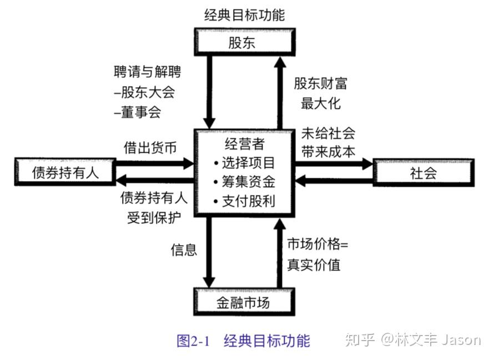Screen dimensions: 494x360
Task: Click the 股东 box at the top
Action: [244, 42]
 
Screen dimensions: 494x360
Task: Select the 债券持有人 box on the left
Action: [65, 172]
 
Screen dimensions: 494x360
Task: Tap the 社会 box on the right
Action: [424, 173]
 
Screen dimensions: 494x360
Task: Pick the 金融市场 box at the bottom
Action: [244, 302]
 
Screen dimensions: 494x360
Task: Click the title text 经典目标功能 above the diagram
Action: [244, 15]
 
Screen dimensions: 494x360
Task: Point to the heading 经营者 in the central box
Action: [244, 144]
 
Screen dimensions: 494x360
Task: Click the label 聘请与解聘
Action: [148, 72]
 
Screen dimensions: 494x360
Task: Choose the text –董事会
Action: [138, 112]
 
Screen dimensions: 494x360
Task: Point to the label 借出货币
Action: [150, 148]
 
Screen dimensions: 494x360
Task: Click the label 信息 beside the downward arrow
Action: [184, 249]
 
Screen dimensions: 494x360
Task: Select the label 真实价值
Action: [314, 264]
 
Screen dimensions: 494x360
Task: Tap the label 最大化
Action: [321, 103]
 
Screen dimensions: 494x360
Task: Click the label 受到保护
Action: [154, 218]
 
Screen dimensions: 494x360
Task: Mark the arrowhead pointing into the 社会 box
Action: [367, 163]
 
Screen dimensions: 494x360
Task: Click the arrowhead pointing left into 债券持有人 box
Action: [122, 181]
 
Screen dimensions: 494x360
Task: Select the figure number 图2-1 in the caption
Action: [193, 341]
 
